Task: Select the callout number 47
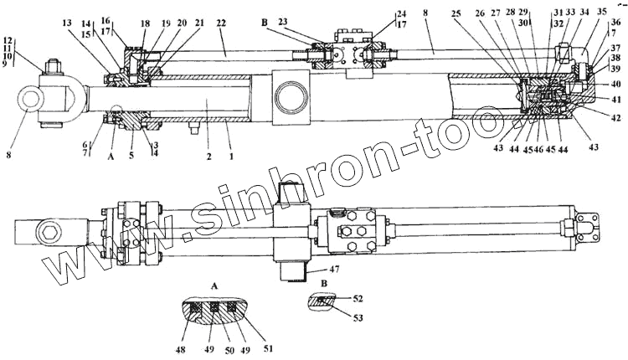click(335, 271)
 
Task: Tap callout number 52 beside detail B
click(358, 298)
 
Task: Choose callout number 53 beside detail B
click(358, 318)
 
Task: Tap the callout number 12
click(8, 41)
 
